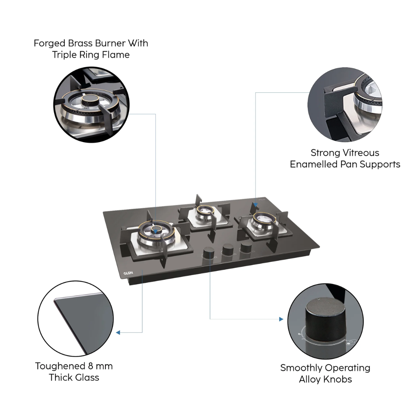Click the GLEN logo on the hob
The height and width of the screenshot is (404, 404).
pos(128,273)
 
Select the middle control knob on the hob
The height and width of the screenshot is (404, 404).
pos(227,250)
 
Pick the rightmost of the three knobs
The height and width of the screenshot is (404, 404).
pos(245,247)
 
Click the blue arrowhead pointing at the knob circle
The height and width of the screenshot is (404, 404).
pos(281,319)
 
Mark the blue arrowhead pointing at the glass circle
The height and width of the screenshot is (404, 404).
pos(118,332)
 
